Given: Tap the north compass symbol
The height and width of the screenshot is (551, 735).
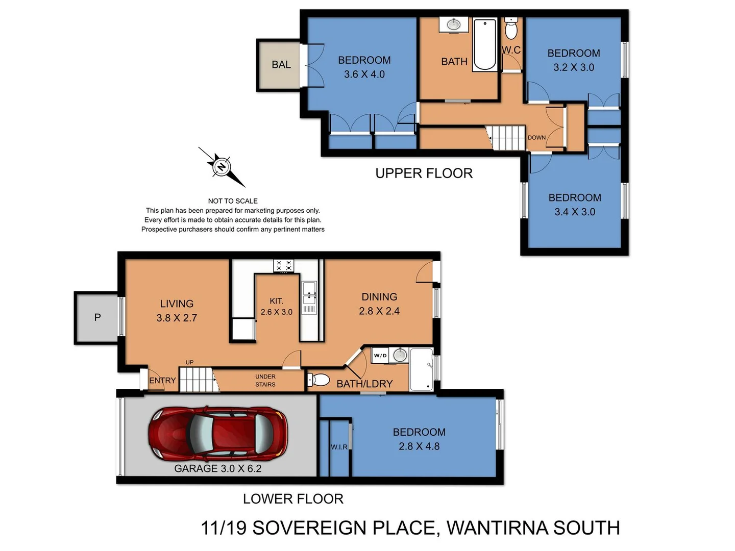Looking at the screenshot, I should tap(222, 167).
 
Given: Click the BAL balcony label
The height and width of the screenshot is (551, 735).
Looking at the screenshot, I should tap(281, 65).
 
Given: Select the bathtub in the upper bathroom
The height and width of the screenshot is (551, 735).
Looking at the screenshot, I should tap(484, 44).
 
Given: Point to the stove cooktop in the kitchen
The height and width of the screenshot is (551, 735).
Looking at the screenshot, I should tap(284, 265).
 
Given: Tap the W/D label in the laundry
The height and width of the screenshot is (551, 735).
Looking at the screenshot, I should tap(380, 356).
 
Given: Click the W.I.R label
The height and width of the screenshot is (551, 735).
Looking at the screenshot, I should tap(339, 447).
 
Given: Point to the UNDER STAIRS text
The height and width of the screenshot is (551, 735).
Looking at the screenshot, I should tap(265, 381).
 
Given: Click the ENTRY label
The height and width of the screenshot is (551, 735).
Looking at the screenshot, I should tap(162, 381).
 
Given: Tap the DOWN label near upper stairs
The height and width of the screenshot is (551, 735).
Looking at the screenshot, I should tap(536, 138).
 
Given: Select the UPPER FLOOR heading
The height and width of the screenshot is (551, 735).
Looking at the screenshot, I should tap(424, 173).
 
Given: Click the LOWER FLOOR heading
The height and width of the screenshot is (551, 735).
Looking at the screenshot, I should tap(293, 499).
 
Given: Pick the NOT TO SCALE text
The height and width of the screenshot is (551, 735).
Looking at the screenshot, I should tap(233, 201).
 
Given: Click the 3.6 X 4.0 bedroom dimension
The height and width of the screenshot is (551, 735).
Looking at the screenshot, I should tap(364, 74).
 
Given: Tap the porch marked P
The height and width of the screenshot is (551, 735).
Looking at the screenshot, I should tap(97, 317).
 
